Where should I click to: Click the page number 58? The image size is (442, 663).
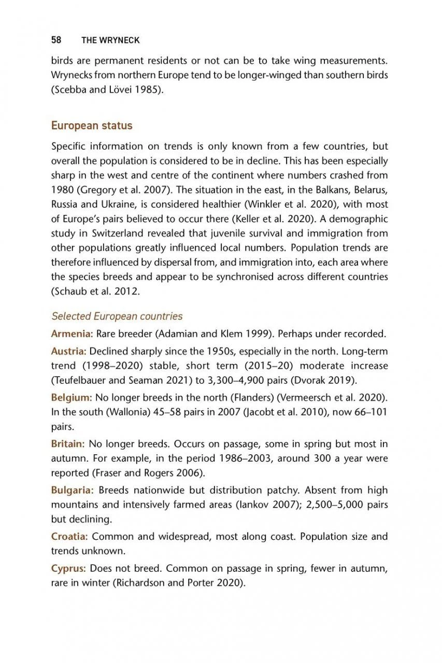coord(56,40)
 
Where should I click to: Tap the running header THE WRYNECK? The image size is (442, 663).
coord(110,40)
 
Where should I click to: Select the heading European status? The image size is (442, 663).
coord(92,126)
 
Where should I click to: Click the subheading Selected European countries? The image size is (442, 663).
coord(117,316)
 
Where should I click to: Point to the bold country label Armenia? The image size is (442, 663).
coord(72,333)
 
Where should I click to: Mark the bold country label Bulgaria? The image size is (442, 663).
coord(72,490)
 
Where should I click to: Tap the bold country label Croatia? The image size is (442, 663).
coord(69,537)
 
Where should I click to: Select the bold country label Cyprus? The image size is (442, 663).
coord(67,568)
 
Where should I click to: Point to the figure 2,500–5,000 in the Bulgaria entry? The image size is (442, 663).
coord(336,505)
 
